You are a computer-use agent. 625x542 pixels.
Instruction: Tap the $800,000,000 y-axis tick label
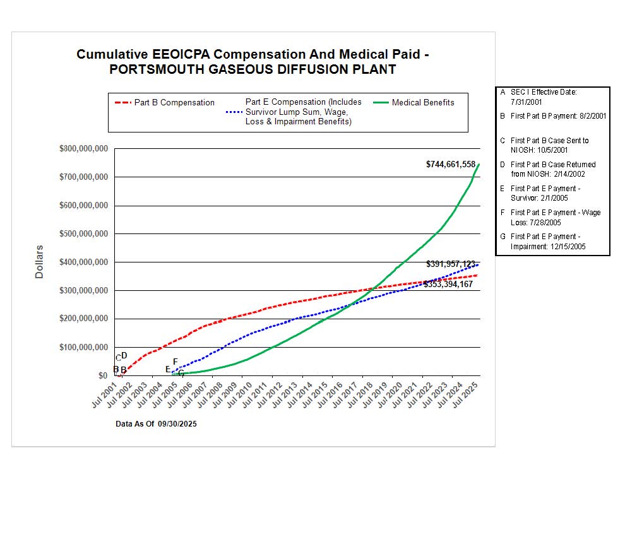point(83,149)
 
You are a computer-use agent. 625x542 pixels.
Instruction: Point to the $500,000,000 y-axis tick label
point(83,234)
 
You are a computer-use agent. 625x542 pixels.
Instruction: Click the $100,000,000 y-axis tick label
point(83,348)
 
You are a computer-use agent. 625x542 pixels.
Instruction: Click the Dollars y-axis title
point(39,262)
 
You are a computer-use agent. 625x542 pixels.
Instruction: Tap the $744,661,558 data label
point(450,164)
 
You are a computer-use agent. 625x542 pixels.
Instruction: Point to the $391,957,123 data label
point(451,264)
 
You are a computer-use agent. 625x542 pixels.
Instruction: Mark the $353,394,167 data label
point(448,285)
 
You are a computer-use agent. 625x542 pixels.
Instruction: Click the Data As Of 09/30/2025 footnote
point(156,424)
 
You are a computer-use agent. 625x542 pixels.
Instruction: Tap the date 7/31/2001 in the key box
point(525,102)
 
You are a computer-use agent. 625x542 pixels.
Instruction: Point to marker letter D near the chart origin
point(124,356)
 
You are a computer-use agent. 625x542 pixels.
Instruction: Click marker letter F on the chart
point(175,362)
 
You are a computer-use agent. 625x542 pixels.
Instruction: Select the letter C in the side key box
point(503,141)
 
